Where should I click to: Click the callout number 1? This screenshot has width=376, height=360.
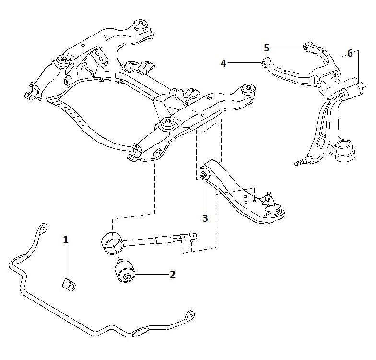[66, 239]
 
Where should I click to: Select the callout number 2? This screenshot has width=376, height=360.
[172, 275]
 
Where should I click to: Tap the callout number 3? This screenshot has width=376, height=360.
[205, 218]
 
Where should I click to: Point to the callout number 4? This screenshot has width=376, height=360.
[223, 62]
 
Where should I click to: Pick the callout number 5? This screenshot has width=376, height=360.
[267, 47]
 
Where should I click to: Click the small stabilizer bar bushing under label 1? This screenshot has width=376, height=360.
[69, 284]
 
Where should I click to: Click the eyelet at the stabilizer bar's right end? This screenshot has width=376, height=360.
[190, 315]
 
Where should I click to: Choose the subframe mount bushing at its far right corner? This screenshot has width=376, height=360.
[248, 89]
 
